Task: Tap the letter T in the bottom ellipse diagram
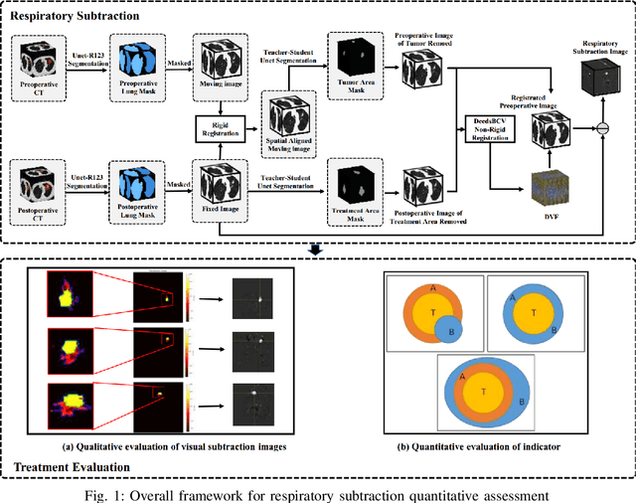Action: point(483,392)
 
